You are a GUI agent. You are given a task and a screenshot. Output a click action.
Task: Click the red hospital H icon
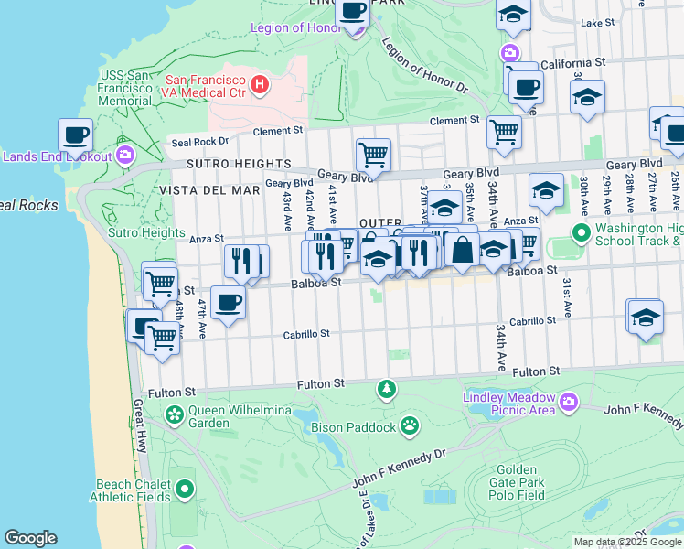tap(260, 85)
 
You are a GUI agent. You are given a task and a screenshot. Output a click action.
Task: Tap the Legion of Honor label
tap(294, 27)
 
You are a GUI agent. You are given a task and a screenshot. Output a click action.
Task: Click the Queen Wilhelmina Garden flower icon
tap(174, 416)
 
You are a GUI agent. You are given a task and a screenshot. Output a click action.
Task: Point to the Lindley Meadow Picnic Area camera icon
tap(569, 402)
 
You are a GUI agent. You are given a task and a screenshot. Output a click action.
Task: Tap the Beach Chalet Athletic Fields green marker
tap(184, 489)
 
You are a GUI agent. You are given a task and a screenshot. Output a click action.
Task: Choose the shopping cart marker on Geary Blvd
tap(373, 155)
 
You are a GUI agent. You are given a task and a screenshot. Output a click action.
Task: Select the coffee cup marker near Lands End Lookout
tap(76, 134)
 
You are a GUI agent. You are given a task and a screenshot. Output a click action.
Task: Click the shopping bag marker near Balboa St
tap(463, 249)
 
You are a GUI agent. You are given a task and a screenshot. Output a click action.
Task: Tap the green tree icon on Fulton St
tap(387, 391)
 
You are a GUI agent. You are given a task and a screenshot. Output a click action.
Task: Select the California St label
tap(572, 63)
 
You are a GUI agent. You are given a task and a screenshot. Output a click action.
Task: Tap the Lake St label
tap(597, 22)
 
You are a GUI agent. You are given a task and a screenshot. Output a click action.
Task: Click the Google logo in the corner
tap(30, 538)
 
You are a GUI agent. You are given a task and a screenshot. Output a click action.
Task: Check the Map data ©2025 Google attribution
tap(627, 542)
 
